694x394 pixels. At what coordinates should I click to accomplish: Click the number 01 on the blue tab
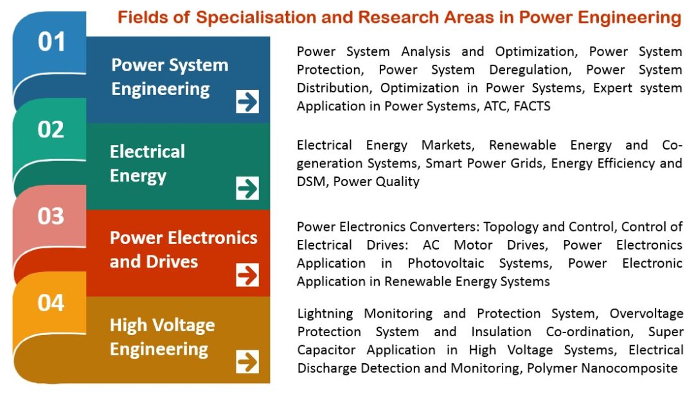pos(51,42)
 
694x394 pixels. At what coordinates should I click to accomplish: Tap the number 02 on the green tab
pos(51,130)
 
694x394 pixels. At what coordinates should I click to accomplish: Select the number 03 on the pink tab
pos(51,216)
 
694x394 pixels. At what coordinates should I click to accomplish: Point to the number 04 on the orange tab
pos(51,302)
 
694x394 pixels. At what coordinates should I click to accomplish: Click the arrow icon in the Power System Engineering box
pos(247,101)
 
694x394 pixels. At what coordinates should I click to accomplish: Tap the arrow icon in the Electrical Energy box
pos(247,189)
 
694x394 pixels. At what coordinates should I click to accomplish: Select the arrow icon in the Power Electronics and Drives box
pos(247,275)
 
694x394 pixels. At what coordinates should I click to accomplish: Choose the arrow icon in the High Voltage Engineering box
pos(247,362)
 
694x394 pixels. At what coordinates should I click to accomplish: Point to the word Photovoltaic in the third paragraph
pos(446,263)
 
